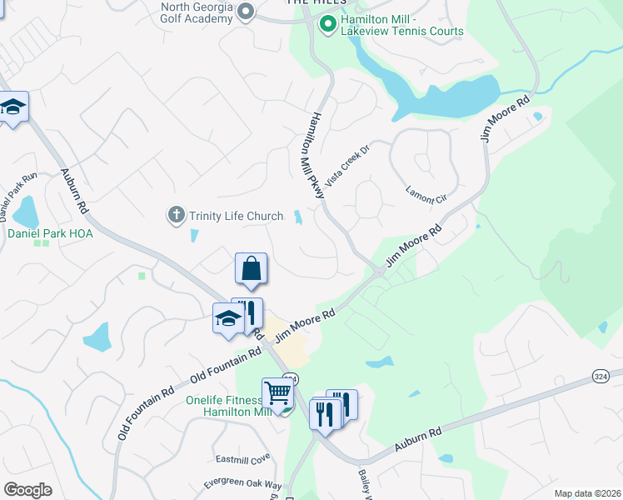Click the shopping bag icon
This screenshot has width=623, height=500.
click(x=251, y=269)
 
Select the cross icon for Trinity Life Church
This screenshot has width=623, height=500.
click(x=176, y=216)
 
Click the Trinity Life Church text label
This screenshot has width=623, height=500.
click(x=236, y=217)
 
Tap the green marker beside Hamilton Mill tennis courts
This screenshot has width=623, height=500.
click(x=328, y=25)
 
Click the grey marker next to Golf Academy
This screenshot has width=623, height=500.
click(x=245, y=12)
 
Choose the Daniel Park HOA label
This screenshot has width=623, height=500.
click(x=51, y=234)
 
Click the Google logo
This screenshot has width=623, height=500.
click(x=27, y=490)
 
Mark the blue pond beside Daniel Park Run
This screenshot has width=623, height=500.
click(x=25, y=212)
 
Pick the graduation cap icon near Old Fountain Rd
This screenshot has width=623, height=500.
click(x=227, y=318)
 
